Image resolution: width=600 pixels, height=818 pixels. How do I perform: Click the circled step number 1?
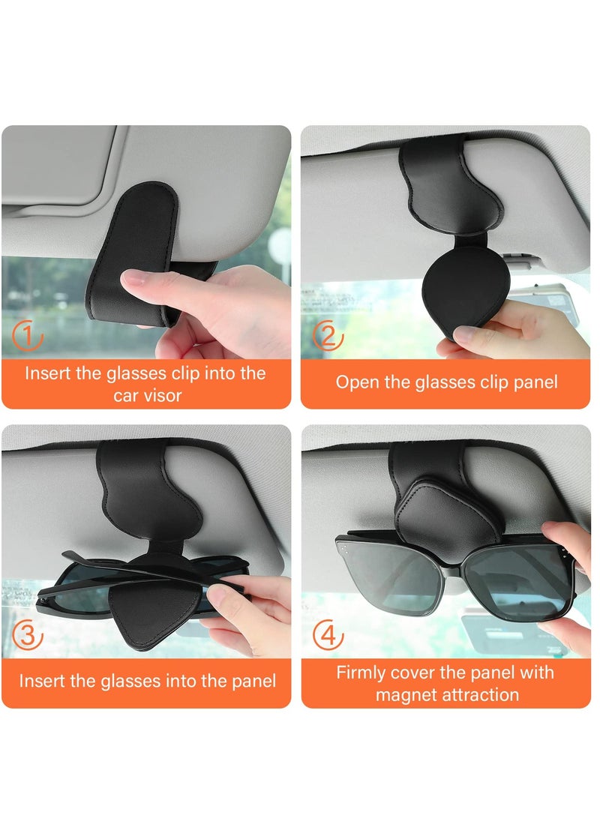click(28, 337)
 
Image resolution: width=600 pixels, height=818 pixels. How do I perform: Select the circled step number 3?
click(28, 635)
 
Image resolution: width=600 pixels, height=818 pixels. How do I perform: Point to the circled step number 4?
click(328, 636)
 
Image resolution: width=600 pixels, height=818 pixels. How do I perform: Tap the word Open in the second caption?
click(354, 382)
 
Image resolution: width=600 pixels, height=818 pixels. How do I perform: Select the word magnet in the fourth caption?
click(409, 695)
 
